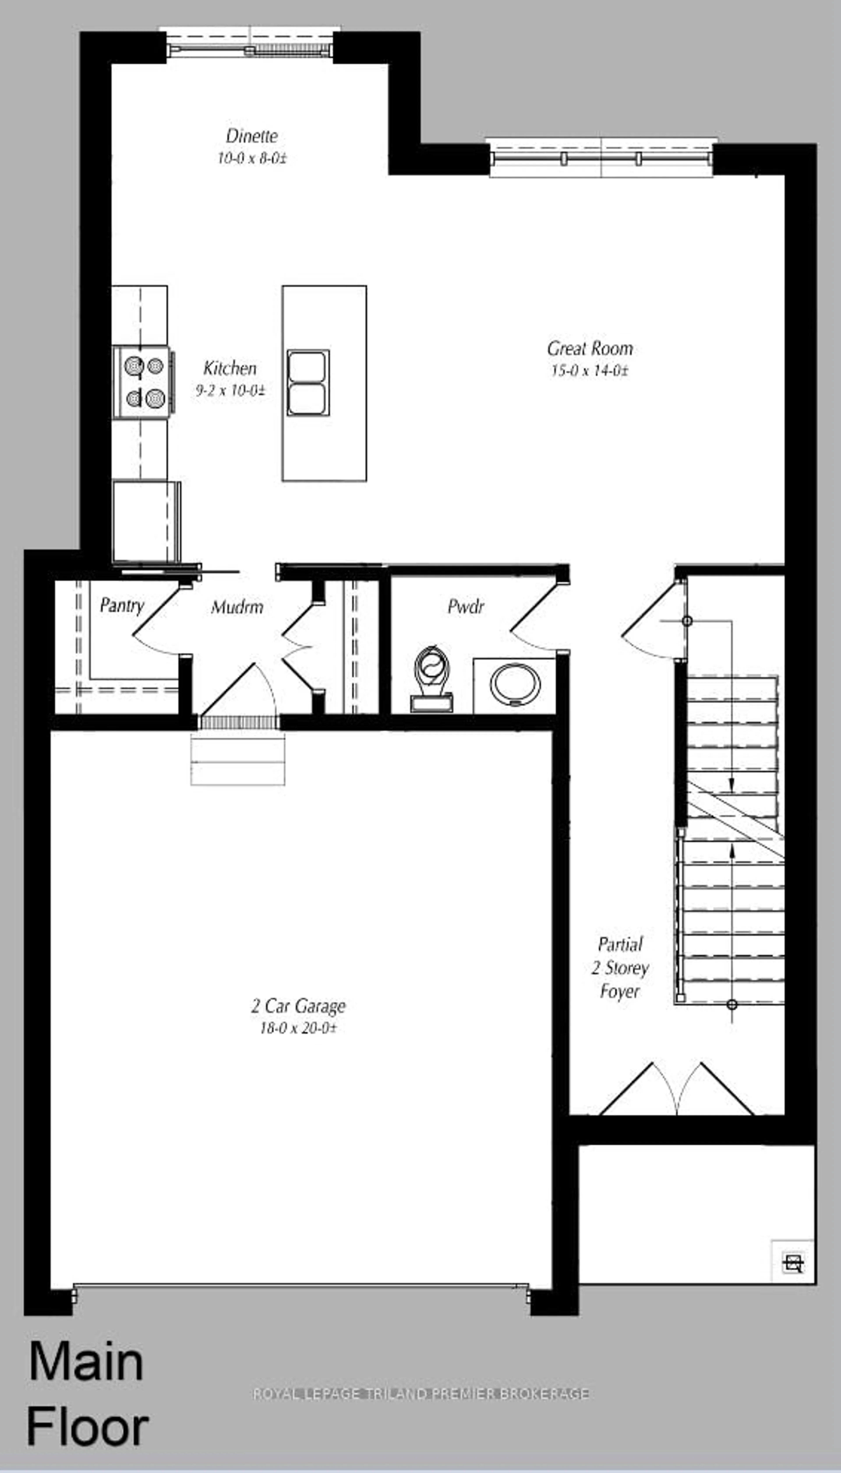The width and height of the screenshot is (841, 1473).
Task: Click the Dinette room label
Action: (252, 136)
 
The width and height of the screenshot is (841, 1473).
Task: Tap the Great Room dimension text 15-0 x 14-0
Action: (589, 371)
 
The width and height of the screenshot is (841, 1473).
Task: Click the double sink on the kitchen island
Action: (308, 382)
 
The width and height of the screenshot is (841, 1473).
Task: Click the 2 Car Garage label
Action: (298, 1006)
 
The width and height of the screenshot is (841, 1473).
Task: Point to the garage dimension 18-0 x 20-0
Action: (298, 1028)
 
